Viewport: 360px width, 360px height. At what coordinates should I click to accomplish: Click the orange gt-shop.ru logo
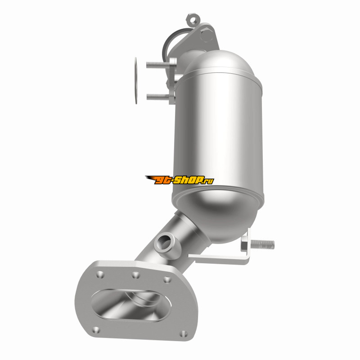point(180,180)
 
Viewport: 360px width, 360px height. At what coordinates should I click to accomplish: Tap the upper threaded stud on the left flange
point(158,65)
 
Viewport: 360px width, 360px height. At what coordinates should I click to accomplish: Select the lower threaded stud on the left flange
point(158,97)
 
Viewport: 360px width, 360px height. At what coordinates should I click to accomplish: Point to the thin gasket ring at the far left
point(136,81)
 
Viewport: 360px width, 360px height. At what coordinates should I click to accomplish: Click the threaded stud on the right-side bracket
point(263,244)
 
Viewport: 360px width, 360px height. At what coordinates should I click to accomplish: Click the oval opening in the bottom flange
point(131,305)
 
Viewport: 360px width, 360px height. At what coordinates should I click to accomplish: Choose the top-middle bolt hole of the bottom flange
point(135,275)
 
